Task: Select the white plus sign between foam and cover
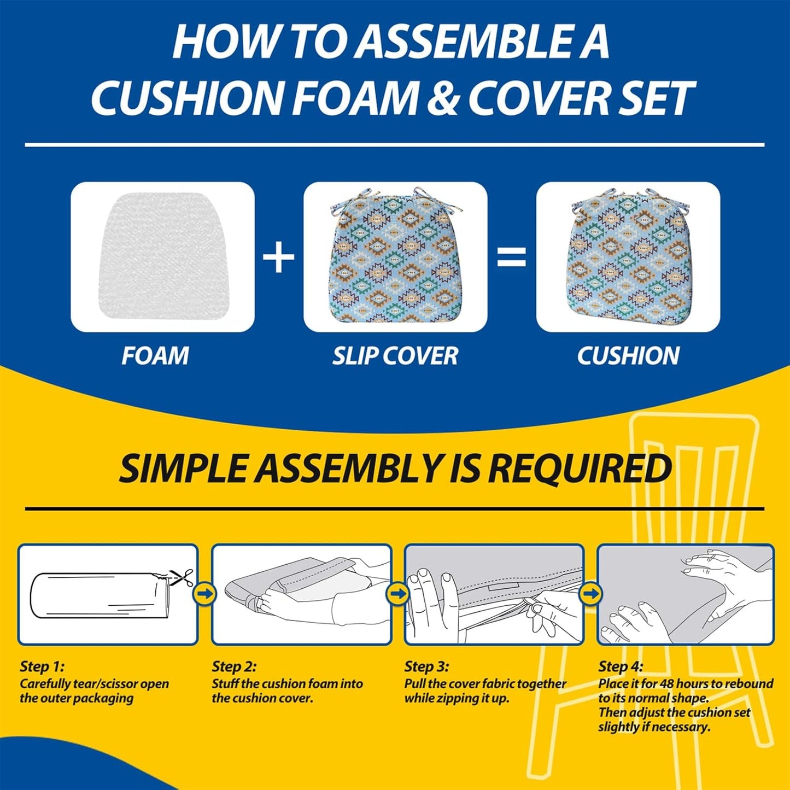click(278, 257)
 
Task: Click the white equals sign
click(511, 258)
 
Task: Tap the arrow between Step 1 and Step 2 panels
click(206, 593)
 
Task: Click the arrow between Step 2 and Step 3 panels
click(397, 593)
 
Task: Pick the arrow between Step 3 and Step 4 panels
click(590, 593)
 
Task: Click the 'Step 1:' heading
click(42, 667)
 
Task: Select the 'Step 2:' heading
click(234, 667)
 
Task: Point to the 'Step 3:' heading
click(427, 667)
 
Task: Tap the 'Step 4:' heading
click(621, 667)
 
